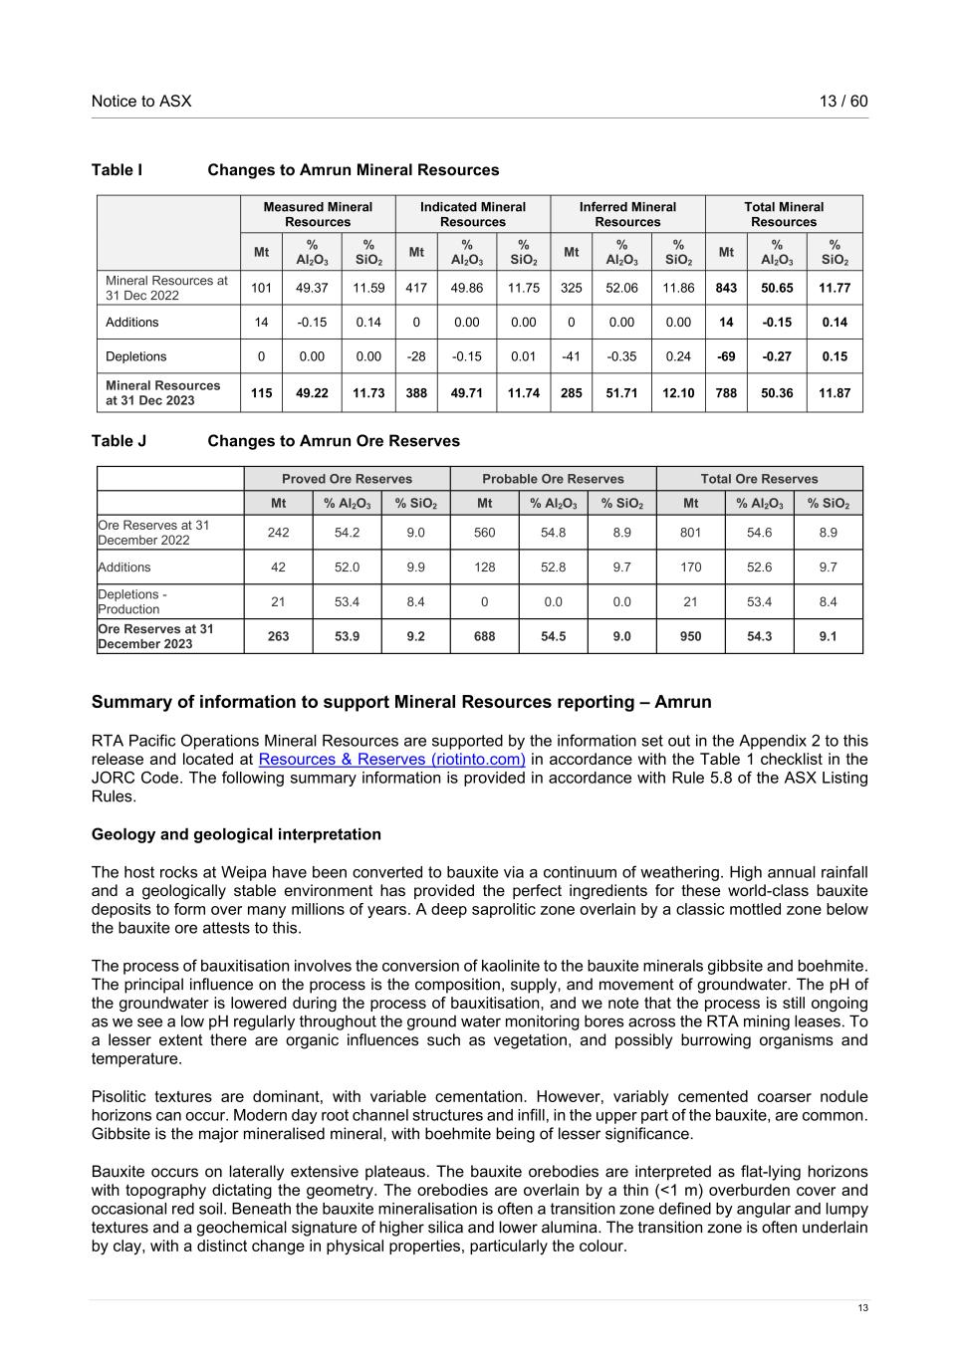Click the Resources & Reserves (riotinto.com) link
(391, 760)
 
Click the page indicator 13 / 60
(843, 102)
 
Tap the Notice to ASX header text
(141, 102)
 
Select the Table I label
(117, 170)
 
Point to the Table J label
(119, 441)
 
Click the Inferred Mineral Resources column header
(627, 214)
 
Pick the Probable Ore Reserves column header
(553, 479)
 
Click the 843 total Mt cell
(726, 288)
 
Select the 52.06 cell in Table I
(621, 288)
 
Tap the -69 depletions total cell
(726, 356)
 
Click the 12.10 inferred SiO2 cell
(678, 393)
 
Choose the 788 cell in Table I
(726, 393)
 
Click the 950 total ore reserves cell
(690, 636)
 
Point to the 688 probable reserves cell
(484, 636)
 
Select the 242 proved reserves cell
(278, 533)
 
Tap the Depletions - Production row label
(132, 601)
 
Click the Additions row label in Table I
(132, 323)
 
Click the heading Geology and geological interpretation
(236, 834)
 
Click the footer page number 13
(863, 1308)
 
